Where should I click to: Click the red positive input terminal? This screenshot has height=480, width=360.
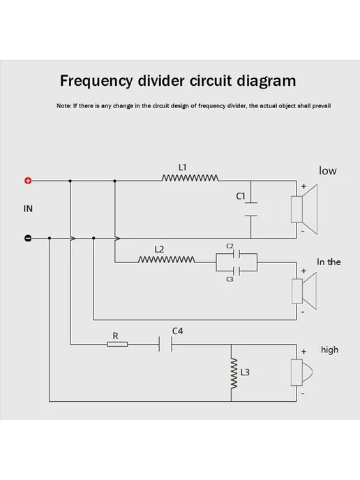pos(28,181)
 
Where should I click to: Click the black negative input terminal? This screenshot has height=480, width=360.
pos(27,238)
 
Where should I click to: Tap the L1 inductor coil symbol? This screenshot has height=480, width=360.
pos(190,178)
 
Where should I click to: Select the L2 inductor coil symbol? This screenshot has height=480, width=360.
pos(167,260)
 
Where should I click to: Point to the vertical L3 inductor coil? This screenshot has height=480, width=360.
pos(234,373)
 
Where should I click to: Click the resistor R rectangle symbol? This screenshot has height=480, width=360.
pos(117,345)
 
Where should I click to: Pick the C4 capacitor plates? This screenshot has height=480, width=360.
pos(165,344)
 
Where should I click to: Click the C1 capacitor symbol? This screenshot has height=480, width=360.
pos(251,209)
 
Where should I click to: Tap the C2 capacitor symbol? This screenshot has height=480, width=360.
pos(237,254)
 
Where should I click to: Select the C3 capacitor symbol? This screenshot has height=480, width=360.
pos(237,271)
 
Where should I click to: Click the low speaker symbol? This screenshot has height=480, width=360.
pos(304,209)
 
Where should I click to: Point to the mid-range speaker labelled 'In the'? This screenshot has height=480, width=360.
pos(304,292)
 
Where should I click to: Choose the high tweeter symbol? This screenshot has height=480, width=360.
pos(301,373)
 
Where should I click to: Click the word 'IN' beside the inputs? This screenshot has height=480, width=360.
pos(28,209)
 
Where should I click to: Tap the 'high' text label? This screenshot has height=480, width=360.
pos(329,350)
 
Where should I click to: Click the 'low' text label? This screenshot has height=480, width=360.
pos(327,170)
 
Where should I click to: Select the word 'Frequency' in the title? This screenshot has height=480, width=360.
pos(96,82)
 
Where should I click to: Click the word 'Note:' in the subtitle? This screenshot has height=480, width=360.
pos(63,106)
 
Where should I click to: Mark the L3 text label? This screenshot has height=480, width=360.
pos(245,373)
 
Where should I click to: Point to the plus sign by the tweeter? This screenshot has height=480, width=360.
pos(303,352)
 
